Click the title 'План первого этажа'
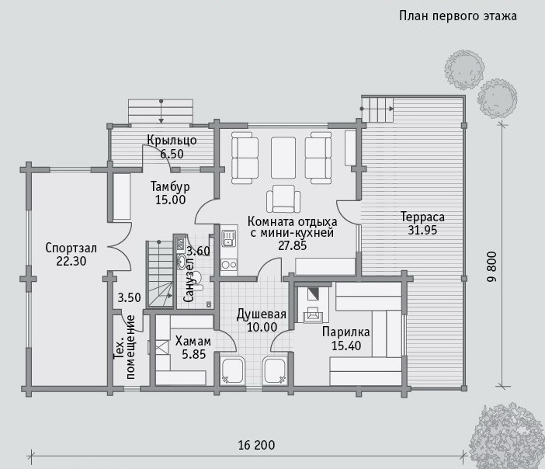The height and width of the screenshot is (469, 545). pos(458,16)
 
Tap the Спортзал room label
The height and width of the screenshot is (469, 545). pos(71,248)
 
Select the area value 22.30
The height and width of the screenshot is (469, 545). pos(71,262)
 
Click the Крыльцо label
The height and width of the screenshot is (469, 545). pos(172,141)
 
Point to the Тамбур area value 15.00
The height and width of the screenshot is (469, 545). pos(170,200)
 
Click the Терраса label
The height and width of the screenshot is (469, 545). pos(422,217)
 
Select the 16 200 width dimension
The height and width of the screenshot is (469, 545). pos(256,446)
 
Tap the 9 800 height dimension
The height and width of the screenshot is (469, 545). pos(492,266)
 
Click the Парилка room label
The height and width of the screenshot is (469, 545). pos(345,332)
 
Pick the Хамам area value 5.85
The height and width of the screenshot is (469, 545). pos(194,355)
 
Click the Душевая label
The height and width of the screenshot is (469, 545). pos(262,314)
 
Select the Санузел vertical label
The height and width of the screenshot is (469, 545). pos(189,280)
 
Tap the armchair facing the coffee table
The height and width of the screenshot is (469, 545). pos(283,199)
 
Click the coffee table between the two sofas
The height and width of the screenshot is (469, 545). pos(283,158)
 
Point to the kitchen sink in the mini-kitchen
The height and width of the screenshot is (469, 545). pos(229,238)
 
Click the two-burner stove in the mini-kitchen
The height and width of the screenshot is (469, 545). pos(229,265)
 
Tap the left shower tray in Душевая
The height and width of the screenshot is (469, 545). pos(232,370)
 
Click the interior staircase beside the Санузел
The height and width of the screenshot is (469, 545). pos(160,273)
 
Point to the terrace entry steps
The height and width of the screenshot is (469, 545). pos(378,109)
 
